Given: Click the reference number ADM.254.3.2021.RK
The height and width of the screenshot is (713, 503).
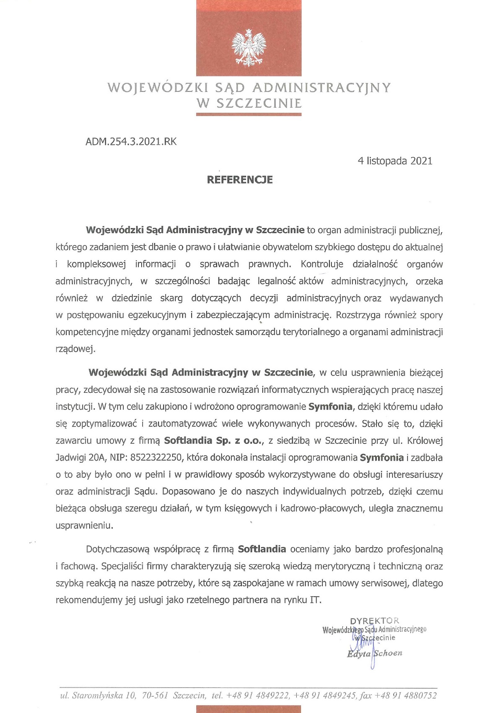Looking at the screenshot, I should (131, 142).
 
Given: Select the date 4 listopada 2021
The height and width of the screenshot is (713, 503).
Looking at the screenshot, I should (395, 161).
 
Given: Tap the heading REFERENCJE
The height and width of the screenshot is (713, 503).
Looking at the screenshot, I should (240, 180).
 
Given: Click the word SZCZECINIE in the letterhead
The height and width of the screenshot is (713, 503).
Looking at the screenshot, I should (259, 103).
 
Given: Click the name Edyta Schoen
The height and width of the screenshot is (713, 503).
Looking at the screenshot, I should (374, 653).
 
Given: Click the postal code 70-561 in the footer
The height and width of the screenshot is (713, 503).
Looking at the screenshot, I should (155, 696).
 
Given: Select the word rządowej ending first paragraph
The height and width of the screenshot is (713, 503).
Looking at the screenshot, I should (75, 349).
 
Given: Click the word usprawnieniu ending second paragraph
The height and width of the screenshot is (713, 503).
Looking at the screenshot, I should (84, 525).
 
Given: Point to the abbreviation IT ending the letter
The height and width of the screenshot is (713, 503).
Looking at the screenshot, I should (315, 600).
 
